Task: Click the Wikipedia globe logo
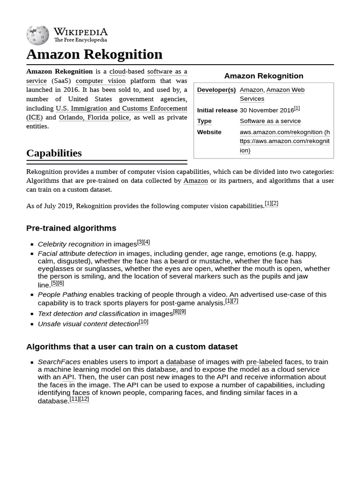tap(37, 35)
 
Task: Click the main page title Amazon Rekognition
tap(94, 54)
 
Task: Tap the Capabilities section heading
tap(54, 153)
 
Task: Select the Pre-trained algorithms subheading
tap(71, 228)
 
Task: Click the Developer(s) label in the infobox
tap(216, 90)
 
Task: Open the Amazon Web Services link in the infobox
tap(285, 90)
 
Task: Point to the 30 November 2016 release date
tap(266, 110)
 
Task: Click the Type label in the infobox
tap(204, 121)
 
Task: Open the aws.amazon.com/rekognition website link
tap(284, 141)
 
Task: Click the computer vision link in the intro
tap(100, 81)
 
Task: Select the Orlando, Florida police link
tap(94, 117)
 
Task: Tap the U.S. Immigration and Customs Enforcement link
tap(121, 108)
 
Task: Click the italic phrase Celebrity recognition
tap(71, 244)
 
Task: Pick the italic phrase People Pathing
tap(62, 294)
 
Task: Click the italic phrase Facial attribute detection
tap(77, 254)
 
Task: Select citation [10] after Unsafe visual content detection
tap(143, 322)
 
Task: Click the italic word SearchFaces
tap(59, 362)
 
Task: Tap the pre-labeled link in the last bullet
tap(264, 362)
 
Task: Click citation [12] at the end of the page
tap(84, 399)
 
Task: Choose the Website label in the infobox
tap(209, 132)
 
